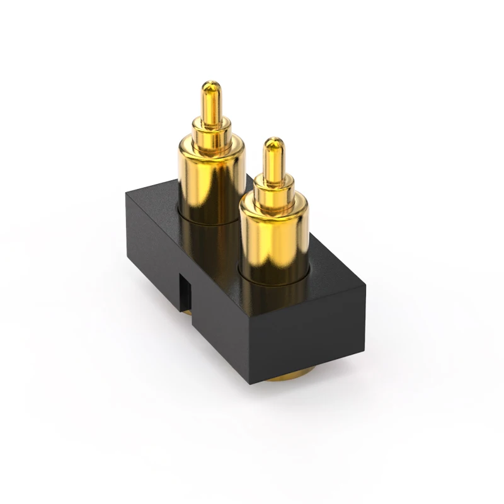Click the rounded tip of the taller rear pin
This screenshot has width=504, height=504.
point(211,85)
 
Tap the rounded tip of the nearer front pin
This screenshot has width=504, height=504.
point(273,142)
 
